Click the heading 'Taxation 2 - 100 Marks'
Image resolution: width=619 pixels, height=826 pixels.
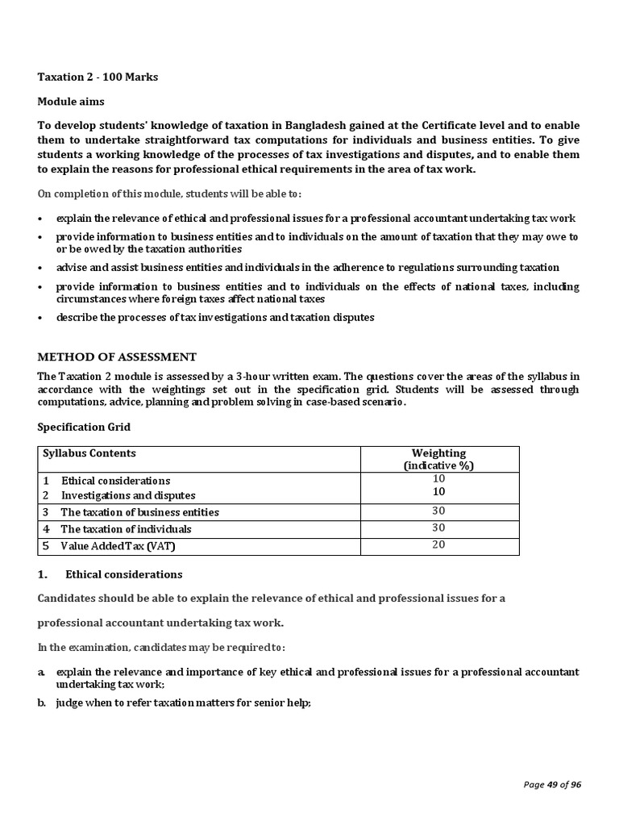[x=98, y=77]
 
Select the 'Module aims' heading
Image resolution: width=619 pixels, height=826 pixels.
[x=71, y=102]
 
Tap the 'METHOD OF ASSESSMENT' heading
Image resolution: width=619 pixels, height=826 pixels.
[x=117, y=357]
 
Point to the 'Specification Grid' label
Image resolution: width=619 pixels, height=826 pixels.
[x=84, y=427]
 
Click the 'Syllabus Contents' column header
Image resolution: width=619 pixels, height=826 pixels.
[x=89, y=453]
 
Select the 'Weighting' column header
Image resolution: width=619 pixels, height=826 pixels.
[x=438, y=453]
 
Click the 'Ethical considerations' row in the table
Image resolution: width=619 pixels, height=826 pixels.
[x=115, y=481]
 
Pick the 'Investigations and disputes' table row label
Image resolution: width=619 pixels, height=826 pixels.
[x=128, y=495]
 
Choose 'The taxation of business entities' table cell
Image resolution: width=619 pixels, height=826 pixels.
[x=139, y=512]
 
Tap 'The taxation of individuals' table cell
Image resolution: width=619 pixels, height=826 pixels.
[x=126, y=529]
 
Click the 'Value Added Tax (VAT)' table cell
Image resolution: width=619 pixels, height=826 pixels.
[x=117, y=546]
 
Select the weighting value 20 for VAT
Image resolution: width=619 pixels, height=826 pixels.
[x=438, y=545]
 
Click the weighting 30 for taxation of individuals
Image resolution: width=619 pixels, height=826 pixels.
[x=438, y=528]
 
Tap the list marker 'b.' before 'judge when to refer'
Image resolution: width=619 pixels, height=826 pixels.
[x=42, y=703]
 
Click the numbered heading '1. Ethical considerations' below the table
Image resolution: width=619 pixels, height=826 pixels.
[x=110, y=574]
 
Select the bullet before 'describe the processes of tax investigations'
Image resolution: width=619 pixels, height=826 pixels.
[x=41, y=318]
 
